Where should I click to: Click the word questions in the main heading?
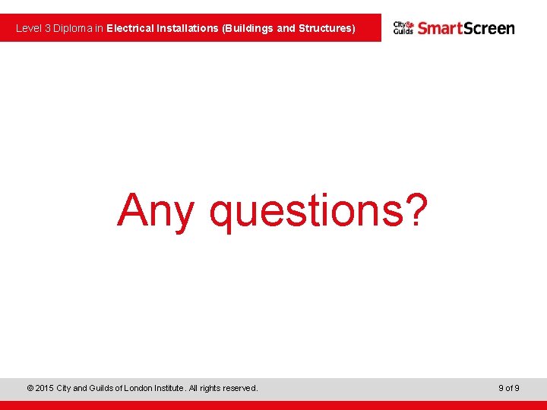303,213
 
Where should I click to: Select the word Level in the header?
28,28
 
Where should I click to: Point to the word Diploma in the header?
73,28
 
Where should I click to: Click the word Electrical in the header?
130,28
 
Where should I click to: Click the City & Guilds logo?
403,28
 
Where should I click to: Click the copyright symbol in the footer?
30,388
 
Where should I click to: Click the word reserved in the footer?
239,388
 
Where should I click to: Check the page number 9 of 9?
509,388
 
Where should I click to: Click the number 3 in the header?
47,28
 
